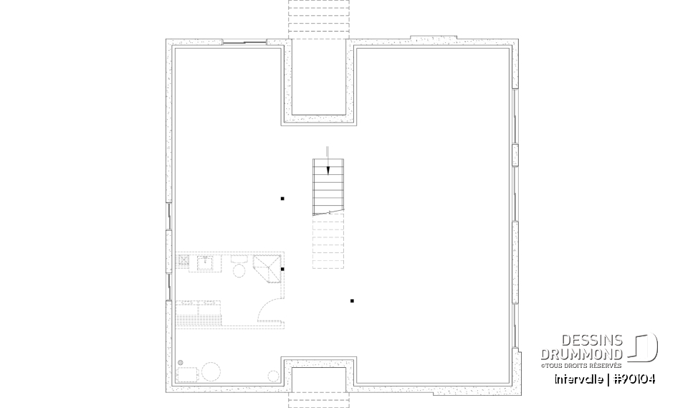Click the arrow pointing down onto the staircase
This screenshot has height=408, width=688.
tap(328, 159)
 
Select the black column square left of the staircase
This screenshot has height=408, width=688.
tap(282, 199)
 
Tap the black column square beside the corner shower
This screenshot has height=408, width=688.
tap(283, 269)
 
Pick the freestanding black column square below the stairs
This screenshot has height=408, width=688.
tap(352, 301)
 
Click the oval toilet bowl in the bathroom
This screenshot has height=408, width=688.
tap(239, 270)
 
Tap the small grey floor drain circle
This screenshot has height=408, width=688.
tap(180, 362)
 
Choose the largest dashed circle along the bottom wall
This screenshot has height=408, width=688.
tap(211, 371)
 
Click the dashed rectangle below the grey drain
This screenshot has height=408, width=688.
tap(186, 374)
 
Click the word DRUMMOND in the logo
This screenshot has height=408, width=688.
tap(582, 354)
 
